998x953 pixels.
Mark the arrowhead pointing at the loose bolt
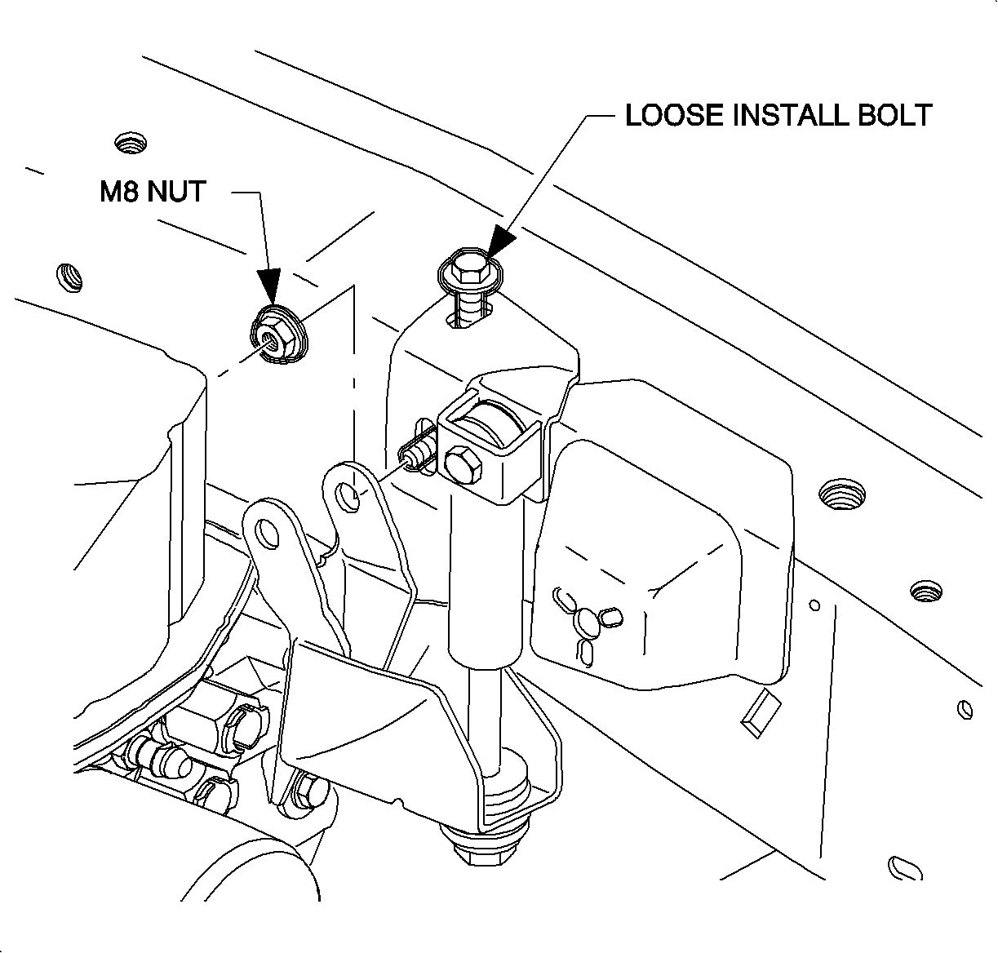[499, 244]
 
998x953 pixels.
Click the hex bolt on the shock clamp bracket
[463, 465]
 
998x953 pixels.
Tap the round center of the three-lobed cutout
[585, 623]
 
